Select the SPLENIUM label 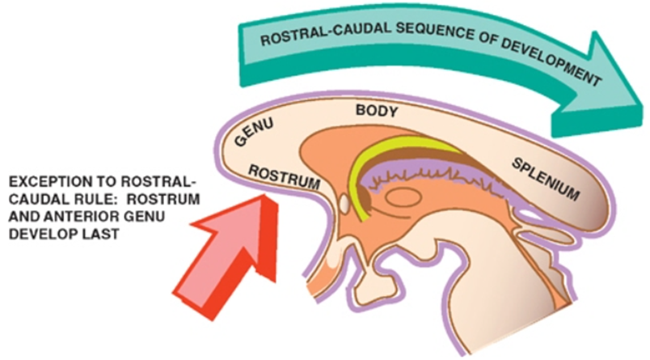[x=547, y=180]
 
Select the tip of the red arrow [x=264, y=197]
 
